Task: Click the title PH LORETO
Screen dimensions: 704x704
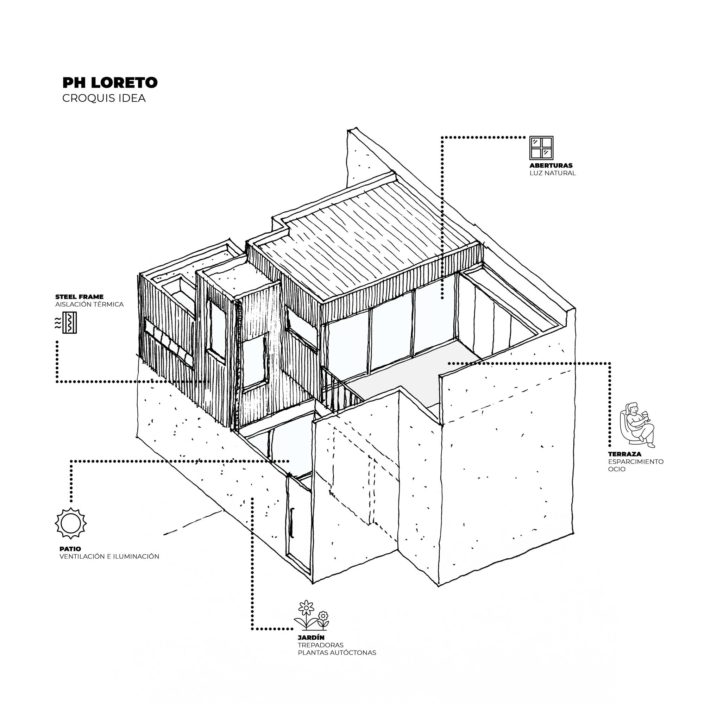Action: (110, 82)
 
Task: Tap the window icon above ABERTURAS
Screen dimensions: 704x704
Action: (541, 148)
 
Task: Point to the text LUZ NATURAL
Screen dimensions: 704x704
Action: (553, 173)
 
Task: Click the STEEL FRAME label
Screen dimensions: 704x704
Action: (80, 297)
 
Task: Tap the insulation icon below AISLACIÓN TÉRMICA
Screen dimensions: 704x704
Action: (66, 322)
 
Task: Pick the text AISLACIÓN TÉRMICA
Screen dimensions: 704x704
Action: (90, 304)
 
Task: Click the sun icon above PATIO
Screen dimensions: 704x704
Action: (71, 523)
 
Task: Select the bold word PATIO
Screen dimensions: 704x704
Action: (70, 549)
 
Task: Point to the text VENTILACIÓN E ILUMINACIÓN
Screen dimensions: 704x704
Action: (109, 557)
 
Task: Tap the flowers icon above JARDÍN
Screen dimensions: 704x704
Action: (312, 615)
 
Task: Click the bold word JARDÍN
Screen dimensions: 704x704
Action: (311, 637)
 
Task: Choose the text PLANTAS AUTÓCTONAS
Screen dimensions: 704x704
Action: (337, 653)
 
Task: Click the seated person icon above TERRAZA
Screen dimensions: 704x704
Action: (637, 425)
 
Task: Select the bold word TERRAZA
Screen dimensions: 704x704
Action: (624, 454)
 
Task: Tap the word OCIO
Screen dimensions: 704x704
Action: (617, 469)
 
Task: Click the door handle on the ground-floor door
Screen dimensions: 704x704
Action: (292, 522)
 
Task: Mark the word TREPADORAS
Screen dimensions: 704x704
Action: (321, 645)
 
